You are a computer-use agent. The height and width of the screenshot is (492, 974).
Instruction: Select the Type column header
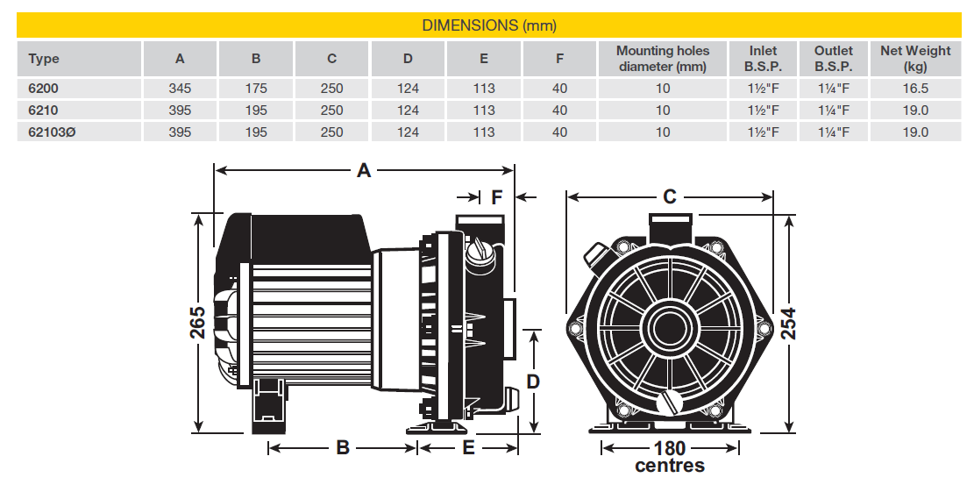point(44,59)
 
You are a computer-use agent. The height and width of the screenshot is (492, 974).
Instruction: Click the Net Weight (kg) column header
point(914,59)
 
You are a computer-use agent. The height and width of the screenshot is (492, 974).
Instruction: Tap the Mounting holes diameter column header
point(662,58)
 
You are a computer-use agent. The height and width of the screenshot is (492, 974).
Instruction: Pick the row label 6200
point(43,89)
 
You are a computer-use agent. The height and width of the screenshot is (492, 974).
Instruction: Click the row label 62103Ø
point(51,132)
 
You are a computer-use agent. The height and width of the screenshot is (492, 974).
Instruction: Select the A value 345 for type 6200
point(180,89)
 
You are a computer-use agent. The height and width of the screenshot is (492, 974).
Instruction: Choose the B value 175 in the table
point(255,89)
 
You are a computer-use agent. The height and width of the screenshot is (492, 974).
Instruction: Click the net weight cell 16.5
point(914,89)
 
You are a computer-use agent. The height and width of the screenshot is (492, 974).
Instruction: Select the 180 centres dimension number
point(670,448)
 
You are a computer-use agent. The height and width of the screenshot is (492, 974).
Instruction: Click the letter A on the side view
point(364,171)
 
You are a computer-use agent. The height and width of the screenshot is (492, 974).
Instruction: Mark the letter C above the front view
point(670,196)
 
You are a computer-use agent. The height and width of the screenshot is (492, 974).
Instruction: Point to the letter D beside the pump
point(532,381)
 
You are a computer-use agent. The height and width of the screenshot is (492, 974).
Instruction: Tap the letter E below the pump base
point(468,448)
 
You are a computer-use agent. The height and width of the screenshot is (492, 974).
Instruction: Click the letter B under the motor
point(343,448)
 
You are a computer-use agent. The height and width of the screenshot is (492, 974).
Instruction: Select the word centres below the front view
point(670,466)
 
